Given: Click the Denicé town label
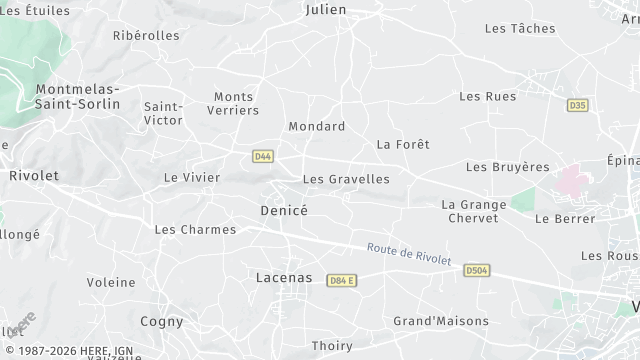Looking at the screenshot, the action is coord(283,211).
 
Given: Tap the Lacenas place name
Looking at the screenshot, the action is coord(284,277).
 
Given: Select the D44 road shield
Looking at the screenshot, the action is coord(263,156).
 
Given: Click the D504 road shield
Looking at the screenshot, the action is coord(477,270).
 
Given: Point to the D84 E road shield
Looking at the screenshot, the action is coord(342,281).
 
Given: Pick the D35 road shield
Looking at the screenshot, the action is coord(576,105).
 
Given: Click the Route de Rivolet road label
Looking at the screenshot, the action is coord(409,254).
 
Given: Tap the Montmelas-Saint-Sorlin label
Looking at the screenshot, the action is coord(77,96).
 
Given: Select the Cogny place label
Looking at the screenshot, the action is coord(162,321).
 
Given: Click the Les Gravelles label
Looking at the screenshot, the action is coord(346,179).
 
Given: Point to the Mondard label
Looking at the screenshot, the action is coord(316,126).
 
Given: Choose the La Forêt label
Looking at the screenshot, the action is coord(403,144).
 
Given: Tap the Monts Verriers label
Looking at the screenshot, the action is coord(236,103).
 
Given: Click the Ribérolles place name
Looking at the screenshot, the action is coord(146,35).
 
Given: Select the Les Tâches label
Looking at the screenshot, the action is coord(519,29).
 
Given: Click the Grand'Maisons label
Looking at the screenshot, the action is coord(441,321).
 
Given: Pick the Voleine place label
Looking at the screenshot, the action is coord(110,282).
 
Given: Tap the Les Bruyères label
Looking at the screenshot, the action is coord(508,167).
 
